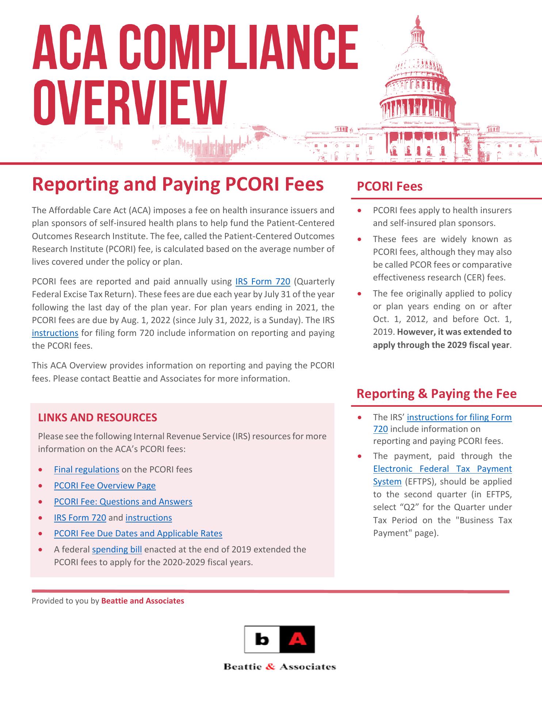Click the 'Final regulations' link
pyautogui.click(x=87, y=469)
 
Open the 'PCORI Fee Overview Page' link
pyautogui.click(x=105, y=485)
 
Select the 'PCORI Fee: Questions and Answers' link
pyautogui.click(x=123, y=501)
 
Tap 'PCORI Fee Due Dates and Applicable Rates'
pyautogui.click(x=138, y=533)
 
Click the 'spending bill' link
pyautogui.click(x=117, y=549)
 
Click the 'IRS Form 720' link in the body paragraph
pyautogui.click(x=263, y=281)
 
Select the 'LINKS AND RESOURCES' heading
pyautogui.click(x=98, y=417)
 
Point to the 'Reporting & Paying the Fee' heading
pyautogui.click(x=436, y=394)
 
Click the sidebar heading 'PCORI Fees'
pyautogui.click(x=389, y=186)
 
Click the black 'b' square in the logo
pyautogui.click(x=262, y=640)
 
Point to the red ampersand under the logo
pyautogui.click(x=270, y=667)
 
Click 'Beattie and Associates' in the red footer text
pyautogui.click(x=142, y=601)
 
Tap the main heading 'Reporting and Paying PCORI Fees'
pyautogui.click(x=178, y=184)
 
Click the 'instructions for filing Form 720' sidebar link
pyautogui.click(x=459, y=417)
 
